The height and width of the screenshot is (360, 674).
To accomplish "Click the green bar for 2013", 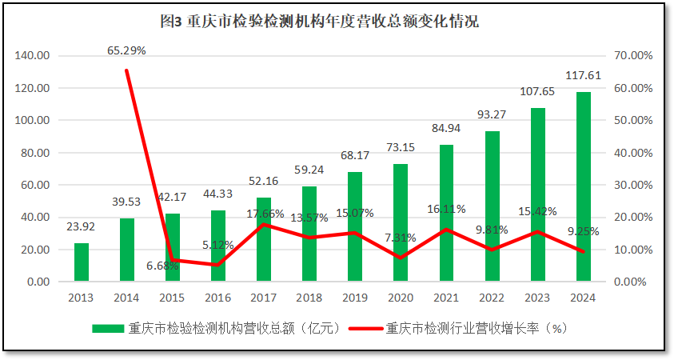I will [x=82, y=262].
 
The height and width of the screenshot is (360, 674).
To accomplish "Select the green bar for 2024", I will [x=583, y=187].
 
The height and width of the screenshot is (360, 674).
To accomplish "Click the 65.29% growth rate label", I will [x=126, y=50].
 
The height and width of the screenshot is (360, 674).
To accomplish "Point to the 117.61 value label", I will [x=583, y=76].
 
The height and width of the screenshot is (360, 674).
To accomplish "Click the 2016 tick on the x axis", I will [x=218, y=298].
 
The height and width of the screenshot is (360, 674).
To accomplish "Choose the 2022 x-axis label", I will [x=492, y=298].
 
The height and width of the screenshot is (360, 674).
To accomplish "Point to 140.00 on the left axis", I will [x=33, y=56].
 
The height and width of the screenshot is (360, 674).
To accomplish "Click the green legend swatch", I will [x=108, y=328].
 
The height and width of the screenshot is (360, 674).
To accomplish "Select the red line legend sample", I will [x=366, y=328].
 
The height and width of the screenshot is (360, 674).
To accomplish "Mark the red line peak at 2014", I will [x=126, y=70].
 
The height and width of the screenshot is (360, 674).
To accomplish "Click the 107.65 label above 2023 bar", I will [x=537, y=92].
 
